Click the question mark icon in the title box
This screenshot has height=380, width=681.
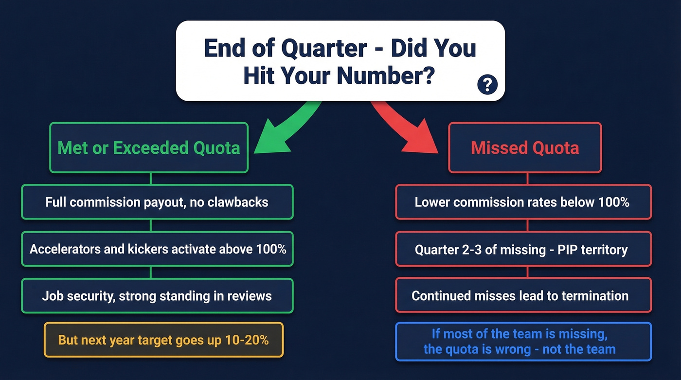487,85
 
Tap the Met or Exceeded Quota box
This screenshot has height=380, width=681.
149,147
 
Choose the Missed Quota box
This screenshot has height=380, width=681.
525,147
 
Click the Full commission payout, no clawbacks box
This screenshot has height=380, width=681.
157,202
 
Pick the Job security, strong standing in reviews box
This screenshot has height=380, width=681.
157,295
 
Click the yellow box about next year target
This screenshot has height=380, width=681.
163,340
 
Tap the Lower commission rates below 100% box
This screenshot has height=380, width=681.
522,202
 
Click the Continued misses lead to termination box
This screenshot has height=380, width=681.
522,295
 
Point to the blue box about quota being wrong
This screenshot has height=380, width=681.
522,342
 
